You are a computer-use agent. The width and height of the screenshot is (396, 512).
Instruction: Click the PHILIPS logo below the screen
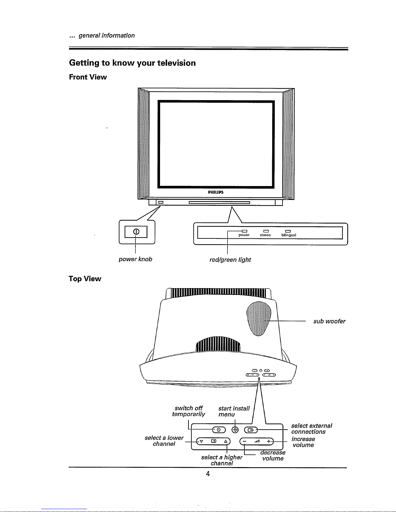(x=216, y=192)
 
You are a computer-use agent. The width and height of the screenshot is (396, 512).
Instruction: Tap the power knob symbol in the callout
(x=136, y=232)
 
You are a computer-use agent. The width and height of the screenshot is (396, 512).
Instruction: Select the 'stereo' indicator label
(x=265, y=235)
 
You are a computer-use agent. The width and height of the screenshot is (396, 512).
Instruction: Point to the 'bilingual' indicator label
(x=289, y=235)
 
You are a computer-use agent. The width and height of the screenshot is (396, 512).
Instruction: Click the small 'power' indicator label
(x=244, y=235)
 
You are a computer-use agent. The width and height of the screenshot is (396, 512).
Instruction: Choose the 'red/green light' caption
(x=230, y=260)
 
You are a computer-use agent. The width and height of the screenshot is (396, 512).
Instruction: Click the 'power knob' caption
(x=135, y=259)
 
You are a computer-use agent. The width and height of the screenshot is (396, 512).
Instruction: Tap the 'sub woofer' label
(x=329, y=321)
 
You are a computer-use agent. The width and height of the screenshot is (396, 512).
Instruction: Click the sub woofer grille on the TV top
(x=259, y=319)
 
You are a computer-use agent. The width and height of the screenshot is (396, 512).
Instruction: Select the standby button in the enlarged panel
(x=219, y=430)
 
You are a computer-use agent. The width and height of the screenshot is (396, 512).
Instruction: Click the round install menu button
(x=235, y=430)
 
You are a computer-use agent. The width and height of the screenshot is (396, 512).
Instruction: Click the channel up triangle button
(x=226, y=441)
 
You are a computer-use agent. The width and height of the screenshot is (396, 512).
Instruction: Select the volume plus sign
(x=269, y=441)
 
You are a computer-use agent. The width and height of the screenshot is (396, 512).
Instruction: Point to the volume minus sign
(x=244, y=441)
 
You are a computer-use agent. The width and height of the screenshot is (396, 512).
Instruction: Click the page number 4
(x=208, y=474)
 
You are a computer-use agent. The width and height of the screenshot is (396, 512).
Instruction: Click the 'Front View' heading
(x=88, y=77)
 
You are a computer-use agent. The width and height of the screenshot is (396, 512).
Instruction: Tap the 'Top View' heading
(x=85, y=279)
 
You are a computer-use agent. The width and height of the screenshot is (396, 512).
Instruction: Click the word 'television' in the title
(x=176, y=63)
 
